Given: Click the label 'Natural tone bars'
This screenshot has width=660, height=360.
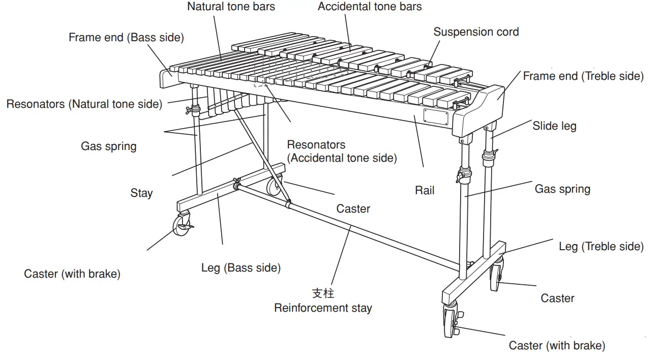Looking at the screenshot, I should (231, 7).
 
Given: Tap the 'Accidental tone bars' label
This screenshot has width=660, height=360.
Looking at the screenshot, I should (370, 7).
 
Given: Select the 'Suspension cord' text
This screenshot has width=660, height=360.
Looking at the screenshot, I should (476, 32).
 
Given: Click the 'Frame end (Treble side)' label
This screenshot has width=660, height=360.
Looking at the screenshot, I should (583, 76).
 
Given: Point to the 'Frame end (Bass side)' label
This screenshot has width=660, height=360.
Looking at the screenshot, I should (126, 38).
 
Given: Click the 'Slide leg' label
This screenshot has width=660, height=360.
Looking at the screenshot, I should (554, 126).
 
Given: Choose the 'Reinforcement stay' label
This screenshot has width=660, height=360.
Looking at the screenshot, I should (323, 308).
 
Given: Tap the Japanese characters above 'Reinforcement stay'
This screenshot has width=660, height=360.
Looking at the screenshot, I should (323, 293).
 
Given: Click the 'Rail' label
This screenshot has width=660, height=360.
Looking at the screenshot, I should (425, 191).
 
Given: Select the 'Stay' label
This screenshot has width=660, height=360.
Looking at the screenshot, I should (141, 193).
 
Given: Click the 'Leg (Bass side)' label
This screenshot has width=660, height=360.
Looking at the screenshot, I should (241, 267).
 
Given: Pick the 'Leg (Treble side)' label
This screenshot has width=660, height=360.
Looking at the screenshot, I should (601, 247).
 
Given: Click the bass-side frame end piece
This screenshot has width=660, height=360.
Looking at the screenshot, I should (167, 78).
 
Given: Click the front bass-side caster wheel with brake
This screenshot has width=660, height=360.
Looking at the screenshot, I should (182, 225).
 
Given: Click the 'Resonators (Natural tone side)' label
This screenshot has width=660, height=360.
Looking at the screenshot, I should (84, 104).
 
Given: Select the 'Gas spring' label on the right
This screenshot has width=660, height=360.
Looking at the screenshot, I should (562, 189).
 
